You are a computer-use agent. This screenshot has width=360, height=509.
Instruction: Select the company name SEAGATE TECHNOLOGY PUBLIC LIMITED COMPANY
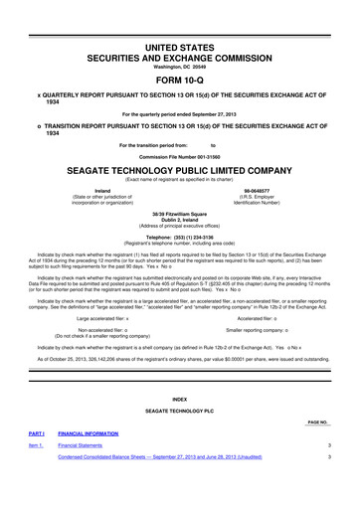coord(180,170)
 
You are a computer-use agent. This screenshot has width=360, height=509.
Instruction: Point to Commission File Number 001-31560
coord(180,156)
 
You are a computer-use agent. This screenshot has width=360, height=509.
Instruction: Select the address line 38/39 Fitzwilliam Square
coord(180,213)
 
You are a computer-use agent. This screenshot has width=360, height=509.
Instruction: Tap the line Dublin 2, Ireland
coord(180,220)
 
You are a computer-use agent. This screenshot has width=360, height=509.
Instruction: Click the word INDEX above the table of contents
coord(180,398)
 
